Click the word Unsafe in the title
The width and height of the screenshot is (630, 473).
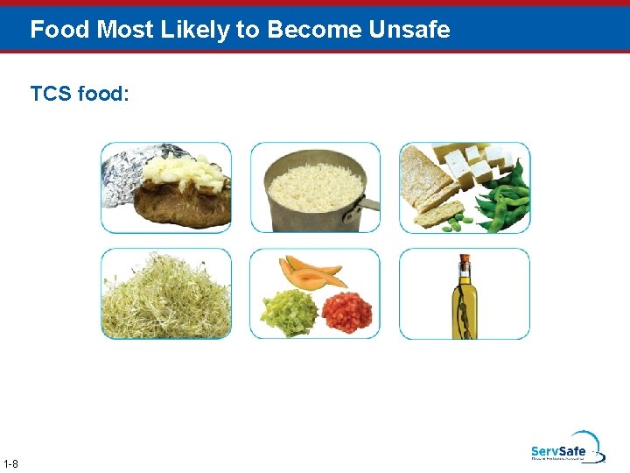pos(409,30)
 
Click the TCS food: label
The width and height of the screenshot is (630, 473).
pos(80,93)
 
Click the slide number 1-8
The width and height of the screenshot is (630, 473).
pos(11,463)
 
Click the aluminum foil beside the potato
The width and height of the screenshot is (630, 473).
pos(118,175)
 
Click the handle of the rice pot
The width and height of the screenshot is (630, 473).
pos(370,206)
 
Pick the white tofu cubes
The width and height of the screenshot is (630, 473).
pos(472,162)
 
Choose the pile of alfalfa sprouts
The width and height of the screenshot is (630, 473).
pos(165,298)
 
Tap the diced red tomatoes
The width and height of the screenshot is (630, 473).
pos(347,312)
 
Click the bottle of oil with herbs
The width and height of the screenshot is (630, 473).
pos(464,302)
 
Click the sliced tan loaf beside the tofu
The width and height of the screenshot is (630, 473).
pos(432,188)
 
